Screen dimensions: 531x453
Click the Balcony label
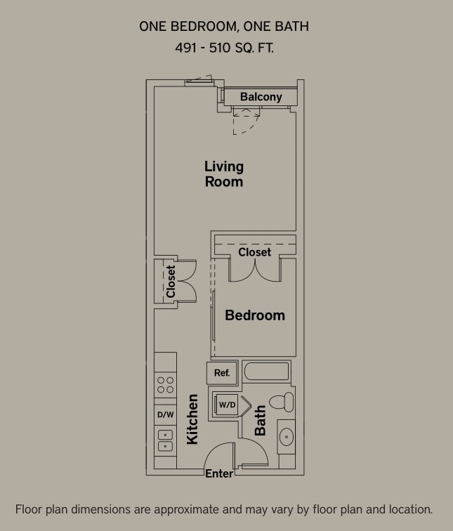pos(261,97)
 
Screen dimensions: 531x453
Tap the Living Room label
pos(224,174)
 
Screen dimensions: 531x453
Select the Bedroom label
pos(254,315)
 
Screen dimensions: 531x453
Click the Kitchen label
pos(192,419)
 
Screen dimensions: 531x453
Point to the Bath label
pos(260,420)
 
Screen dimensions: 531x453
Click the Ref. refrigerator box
pos(222,373)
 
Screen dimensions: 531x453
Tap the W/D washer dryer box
pos(227,405)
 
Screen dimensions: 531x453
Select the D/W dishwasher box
pos(165,414)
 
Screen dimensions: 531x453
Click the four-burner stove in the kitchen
pos(165,385)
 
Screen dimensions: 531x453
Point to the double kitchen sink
pos(165,440)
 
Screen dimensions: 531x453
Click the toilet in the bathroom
pos(282,402)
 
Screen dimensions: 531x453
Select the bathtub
pos(265,372)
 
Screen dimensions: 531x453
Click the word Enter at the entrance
pos(219,474)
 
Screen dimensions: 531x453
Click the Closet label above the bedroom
pos(254,251)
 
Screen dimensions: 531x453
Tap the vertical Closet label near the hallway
pos(171,281)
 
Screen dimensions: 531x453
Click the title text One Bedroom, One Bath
pos(224,27)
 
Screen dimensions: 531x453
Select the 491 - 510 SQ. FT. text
pos(224,48)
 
